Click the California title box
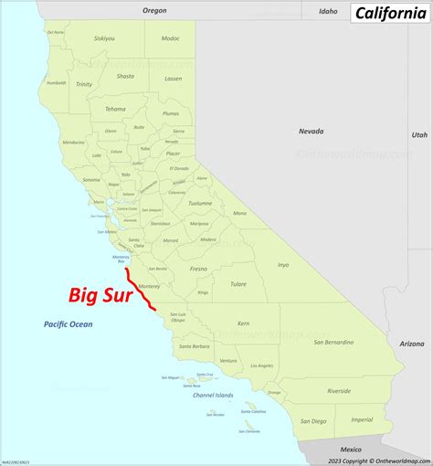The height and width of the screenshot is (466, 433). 388,15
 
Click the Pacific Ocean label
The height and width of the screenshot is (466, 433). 69,324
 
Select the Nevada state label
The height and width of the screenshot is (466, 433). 311,132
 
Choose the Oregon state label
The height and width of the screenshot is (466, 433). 154,10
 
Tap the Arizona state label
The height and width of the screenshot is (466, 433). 412,344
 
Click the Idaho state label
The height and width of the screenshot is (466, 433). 327,12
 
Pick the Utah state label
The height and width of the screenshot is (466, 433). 418,134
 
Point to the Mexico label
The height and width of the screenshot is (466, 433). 351,450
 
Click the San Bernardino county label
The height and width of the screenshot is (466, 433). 333,342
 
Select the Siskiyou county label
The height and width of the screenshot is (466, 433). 105,39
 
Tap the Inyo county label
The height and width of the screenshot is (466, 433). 283,265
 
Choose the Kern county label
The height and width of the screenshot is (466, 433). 243,323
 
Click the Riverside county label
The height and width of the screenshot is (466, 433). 339,390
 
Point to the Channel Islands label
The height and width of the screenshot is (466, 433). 212,396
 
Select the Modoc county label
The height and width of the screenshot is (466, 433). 171,38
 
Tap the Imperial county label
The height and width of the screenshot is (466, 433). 362,419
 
